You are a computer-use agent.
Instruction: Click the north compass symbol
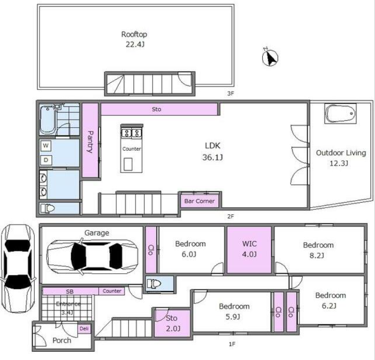(270, 57)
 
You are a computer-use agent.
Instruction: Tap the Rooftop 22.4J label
(134, 39)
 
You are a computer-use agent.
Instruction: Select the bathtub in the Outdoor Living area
(340, 114)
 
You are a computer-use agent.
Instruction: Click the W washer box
(46, 146)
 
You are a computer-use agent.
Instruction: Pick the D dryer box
(46, 160)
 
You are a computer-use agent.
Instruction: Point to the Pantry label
(90, 141)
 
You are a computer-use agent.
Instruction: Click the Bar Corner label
(199, 201)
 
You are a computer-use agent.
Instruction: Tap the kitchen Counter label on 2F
(132, 149)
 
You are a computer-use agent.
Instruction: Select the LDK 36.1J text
(213, 152)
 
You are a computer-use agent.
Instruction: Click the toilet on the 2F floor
(48, 208)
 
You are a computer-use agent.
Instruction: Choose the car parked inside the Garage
(92, 256)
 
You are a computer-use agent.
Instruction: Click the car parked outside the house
(18, 268)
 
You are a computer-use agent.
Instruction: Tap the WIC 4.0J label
(250, 249)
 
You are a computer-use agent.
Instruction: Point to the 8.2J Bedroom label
(318, 250)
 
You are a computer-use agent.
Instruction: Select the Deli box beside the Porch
(84, 329)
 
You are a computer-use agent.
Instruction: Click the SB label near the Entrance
(70, 291)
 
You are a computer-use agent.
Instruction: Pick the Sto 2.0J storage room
(173, 323)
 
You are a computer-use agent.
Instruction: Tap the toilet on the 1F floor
(154, 284)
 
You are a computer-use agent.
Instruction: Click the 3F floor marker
(230, 94)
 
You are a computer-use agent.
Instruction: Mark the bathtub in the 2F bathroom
(48, 120)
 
